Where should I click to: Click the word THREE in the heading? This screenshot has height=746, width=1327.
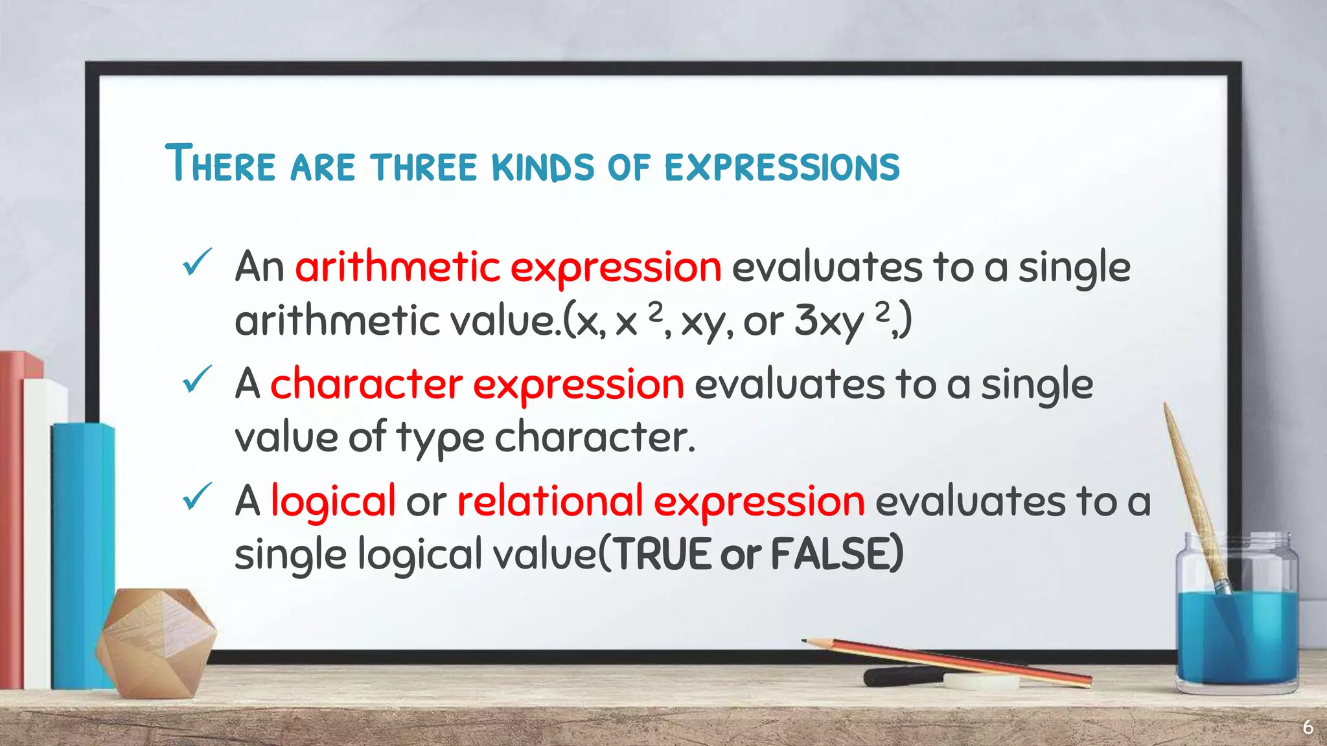(424, 166)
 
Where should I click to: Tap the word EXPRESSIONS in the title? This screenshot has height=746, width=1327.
(782, 166)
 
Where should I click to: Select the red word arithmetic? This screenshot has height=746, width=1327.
(397, 267)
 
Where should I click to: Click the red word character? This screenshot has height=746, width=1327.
(366, 384)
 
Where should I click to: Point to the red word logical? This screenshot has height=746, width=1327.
(332, 502)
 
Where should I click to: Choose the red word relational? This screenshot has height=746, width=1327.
(549, 502)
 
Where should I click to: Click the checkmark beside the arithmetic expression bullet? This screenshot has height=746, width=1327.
(196, 262)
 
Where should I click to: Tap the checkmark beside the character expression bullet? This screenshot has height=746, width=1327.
(196, 379)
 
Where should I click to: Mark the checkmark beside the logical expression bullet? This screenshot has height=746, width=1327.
(196, 497)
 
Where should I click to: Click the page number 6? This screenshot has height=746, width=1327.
(1308, 727)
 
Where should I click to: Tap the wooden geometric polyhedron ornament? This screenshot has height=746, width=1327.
(156, 641)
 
